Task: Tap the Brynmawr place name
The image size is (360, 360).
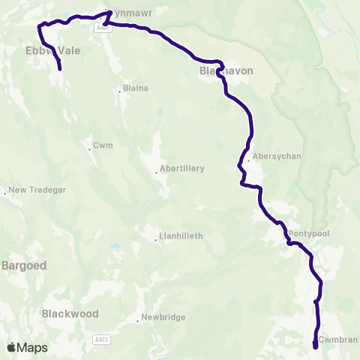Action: (x=118, y=13)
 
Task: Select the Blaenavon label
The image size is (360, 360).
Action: (x=226, y=70)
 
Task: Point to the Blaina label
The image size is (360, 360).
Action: (x=136, y=88)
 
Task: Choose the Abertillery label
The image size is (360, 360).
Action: (x=182, y=169)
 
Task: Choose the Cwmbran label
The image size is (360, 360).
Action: (x=337, y=340)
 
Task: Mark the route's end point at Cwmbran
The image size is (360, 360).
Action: (x=315, y=345)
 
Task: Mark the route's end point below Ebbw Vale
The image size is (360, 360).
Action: (x=59, y=69)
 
